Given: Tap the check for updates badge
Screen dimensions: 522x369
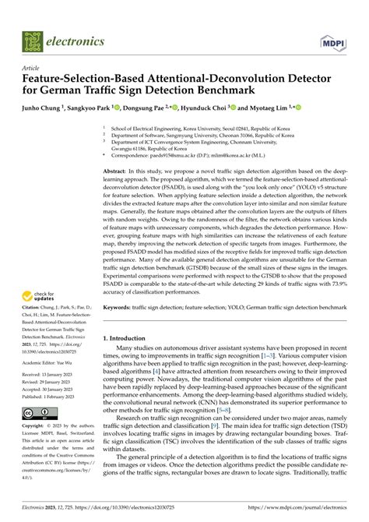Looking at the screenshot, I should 40,298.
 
